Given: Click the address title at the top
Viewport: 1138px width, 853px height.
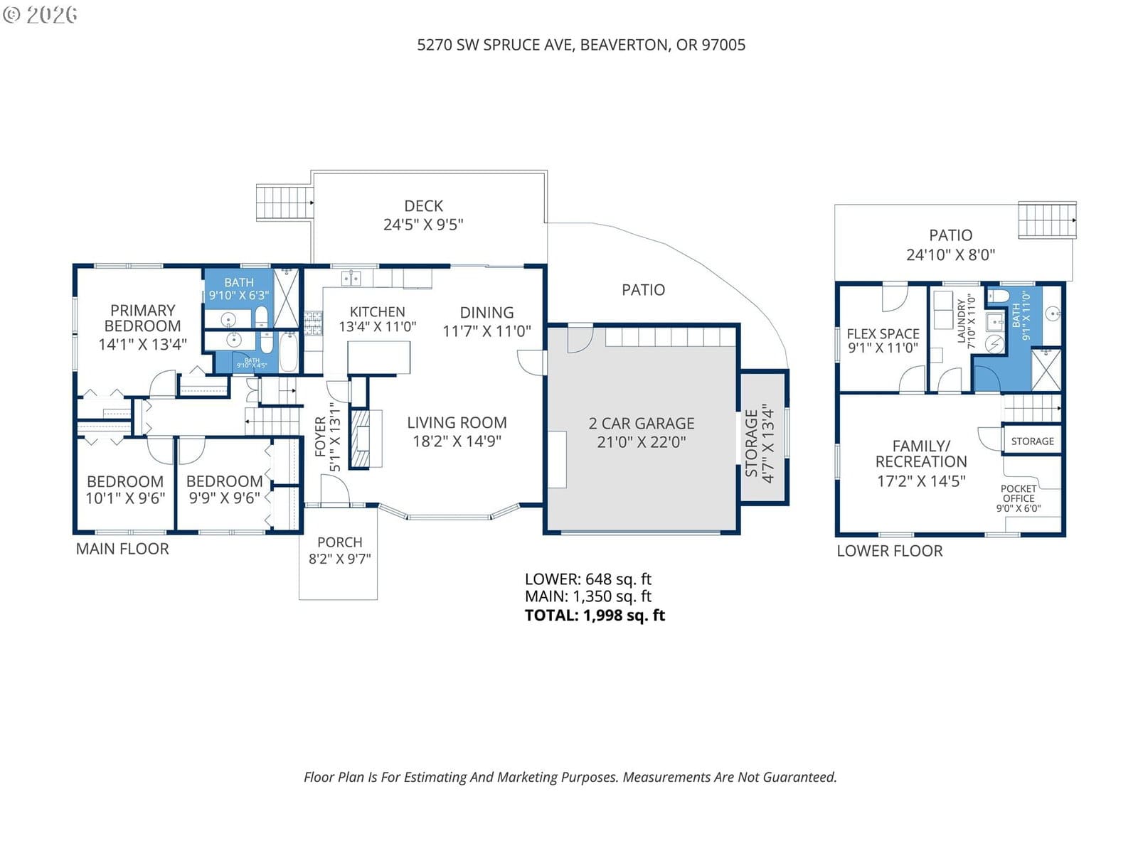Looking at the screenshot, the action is pos(581,45).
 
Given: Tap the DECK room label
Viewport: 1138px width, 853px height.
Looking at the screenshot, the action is pos(423,206).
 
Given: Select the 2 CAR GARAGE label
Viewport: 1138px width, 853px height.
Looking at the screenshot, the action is pos(642,424).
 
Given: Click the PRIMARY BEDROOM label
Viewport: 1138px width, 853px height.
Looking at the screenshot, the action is pos(142,318).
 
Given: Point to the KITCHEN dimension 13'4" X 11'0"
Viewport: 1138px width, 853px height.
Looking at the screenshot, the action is pos(378,327).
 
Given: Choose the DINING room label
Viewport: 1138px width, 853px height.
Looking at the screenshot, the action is pos(486,312).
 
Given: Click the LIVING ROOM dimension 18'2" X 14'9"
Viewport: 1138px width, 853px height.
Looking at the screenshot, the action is pos(457,441).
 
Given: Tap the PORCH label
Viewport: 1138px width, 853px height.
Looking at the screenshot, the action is pos(339,542).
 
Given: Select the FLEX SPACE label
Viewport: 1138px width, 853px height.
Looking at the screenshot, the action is pos(883,334).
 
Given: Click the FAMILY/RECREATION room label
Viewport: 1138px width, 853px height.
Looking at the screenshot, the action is pos(921,454).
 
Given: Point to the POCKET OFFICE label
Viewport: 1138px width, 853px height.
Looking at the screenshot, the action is pos(1019,493).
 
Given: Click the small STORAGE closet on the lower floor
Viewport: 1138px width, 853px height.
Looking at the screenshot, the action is pos(1032,441).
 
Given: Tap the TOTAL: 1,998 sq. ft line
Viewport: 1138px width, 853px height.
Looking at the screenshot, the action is pos(595,616).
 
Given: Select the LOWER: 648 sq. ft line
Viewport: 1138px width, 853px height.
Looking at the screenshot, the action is pos(588,579).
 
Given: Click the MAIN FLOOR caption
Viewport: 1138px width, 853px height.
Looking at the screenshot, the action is pos(122,549).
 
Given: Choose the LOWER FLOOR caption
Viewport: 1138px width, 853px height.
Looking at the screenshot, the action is pos(890,551).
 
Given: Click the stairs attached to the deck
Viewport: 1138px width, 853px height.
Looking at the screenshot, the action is pos(284,203).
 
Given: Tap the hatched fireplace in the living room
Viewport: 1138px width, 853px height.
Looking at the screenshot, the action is pos(361,439).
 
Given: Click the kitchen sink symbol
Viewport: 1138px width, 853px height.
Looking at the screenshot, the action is pos(351,278).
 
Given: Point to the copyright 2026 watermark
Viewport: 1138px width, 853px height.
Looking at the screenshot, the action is pos(40,14).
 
